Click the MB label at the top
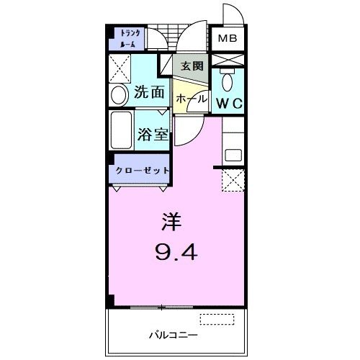point(228,38)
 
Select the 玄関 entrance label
point(192,66)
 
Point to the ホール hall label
point(192,97)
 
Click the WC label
point(230,102)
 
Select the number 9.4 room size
point(173,252)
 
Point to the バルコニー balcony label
point(170,334)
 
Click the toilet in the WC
point(228,81)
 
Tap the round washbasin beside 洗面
point(119,94)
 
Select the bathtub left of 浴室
point(121,130)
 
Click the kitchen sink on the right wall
point(233,154)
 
